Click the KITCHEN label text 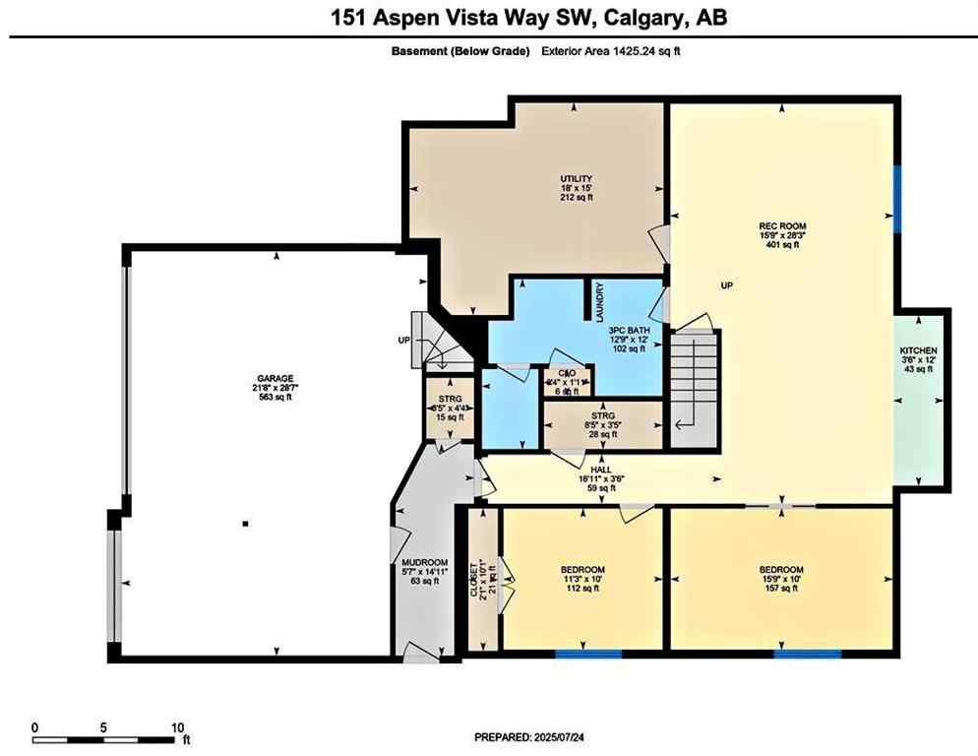click(919, 351)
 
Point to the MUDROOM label click(425, 562)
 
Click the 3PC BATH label click(626, 330)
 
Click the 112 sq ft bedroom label click(582, 570)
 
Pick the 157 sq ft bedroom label click(781, 570)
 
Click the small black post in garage click(245, 524)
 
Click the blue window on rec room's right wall click(896, 198)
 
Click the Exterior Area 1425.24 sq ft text click(610, 52)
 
